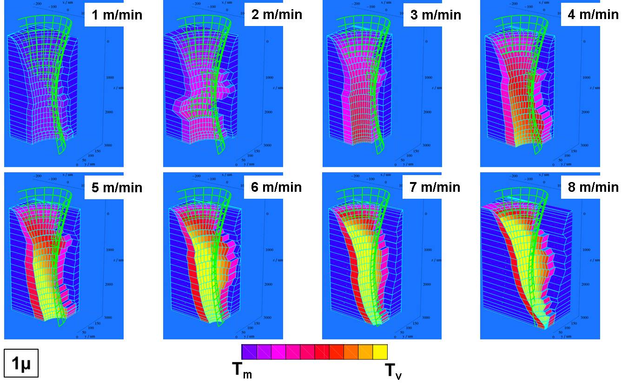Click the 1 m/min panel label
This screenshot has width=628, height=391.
click(117, 15)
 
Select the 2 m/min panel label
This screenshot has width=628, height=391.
click(277, 14)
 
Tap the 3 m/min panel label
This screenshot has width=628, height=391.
click(436, 15)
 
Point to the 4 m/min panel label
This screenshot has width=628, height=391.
click(593, 14)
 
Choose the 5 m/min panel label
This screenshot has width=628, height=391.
click(117, 188)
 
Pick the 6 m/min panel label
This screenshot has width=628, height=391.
click(276, 187)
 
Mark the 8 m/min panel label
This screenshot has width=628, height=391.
click(593, 187)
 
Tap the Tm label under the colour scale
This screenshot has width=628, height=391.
click(242, 370)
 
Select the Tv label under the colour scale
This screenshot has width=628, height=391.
click(393, 371)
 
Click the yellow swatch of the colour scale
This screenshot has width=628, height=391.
click(380, 352)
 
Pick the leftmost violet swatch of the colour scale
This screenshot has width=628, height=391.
click(249, 352)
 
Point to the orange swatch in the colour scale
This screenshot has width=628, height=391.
click(351, 352)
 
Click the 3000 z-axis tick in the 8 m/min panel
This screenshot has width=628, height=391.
click(584, 318)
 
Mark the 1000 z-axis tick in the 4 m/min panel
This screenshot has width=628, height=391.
click(584, 77)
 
